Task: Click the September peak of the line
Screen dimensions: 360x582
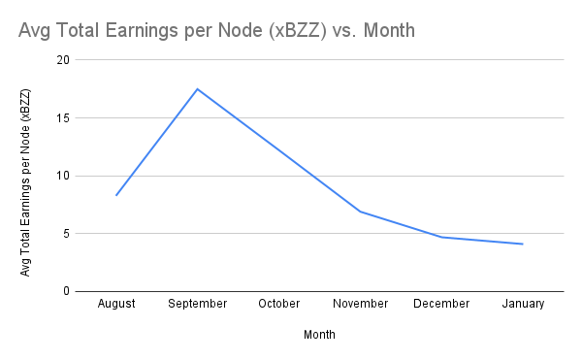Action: (x=198, y=89)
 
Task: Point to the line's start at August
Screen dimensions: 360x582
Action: (x=116, y=195)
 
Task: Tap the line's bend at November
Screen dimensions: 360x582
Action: (x=361, y=212)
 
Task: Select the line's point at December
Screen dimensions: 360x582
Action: (x=442, y=237)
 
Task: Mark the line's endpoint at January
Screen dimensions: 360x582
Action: (x=523, y=244)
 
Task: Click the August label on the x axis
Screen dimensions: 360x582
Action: (x=116, y=304)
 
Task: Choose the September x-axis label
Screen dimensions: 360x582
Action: (x=198, y=304)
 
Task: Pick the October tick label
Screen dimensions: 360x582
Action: (x=279, y=304)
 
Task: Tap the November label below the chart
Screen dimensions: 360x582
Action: (x=361, y=304)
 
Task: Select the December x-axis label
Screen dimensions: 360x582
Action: (x=442, y=304)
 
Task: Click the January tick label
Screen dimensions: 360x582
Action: (x=524, y=304)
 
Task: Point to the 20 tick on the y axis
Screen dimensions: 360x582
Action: (x=64, y=60)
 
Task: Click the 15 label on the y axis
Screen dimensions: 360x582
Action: (x=64, y=118)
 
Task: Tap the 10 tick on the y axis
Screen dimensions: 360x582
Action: (x=64, y=176)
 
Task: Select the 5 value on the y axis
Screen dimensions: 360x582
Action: (x=67, y=234)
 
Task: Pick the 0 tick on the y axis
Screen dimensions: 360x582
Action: (x=67, y=291)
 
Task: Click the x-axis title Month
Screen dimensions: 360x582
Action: (x=320, y=335)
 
